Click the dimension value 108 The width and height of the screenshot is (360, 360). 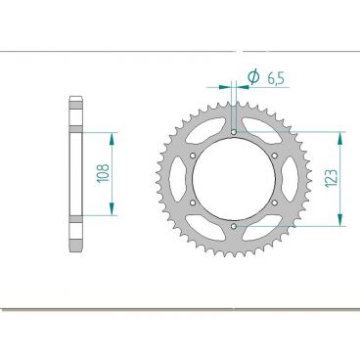coord(103,174)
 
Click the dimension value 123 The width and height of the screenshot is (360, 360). coord(331,178)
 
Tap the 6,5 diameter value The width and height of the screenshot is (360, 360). coord(276,79)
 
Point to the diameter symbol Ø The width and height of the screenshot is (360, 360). coord(253,77)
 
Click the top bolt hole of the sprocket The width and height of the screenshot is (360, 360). coord(234,132)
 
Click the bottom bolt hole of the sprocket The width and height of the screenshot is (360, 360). coord(234,226)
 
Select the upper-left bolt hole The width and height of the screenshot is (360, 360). coord(193,156)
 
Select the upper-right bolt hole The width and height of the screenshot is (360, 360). coord(275,156)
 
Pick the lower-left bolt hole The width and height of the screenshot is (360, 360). coord(193,202)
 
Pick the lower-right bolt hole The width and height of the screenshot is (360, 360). coord(275,202)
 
